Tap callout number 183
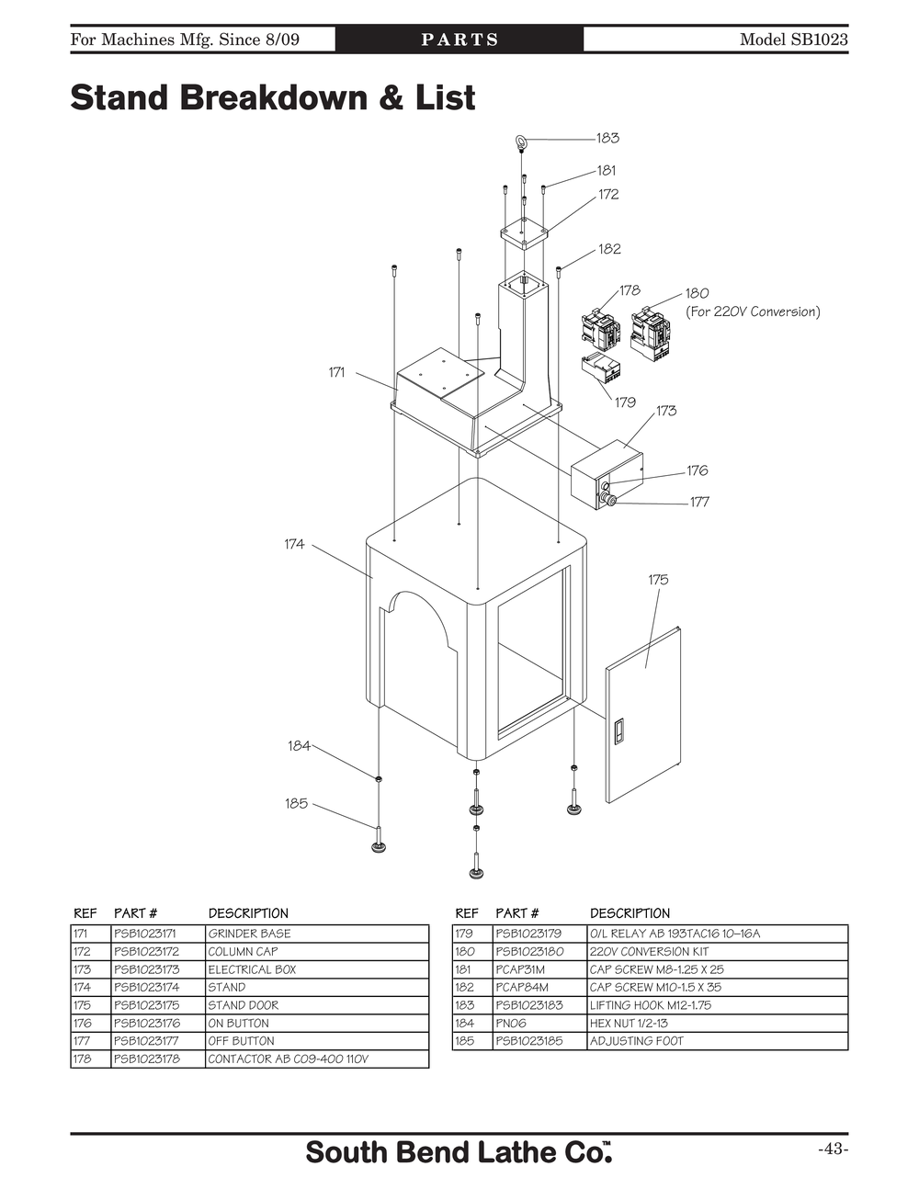pyautogui.click(x=607, y=138)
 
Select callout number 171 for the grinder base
pyautogui.click(x=337, y=372)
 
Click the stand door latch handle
pyautogui.click(x=618, y=731)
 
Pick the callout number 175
pyautogui.click(x=658, y=580)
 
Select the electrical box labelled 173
pyautogui.click(x=607, y=474)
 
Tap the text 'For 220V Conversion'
pyautogui.click(x=753, y=311)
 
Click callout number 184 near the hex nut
pyautogui.click(x=299, y=746)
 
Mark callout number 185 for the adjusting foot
pyautogui.click(x=296, y=803)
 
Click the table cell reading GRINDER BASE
pyautogui.click(x=249, y=934)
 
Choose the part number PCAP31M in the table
pyautogui.click(x=520, y=969)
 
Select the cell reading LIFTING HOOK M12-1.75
pyautogui.click(x=651, y=1005)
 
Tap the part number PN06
pyautogui.click(x=509, y=1023)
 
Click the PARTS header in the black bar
pyautogui.click(x=459, y=40)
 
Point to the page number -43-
pyautogui.click(x=833, y=1149)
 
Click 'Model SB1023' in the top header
pyautogui.click(x=793, y=40)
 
